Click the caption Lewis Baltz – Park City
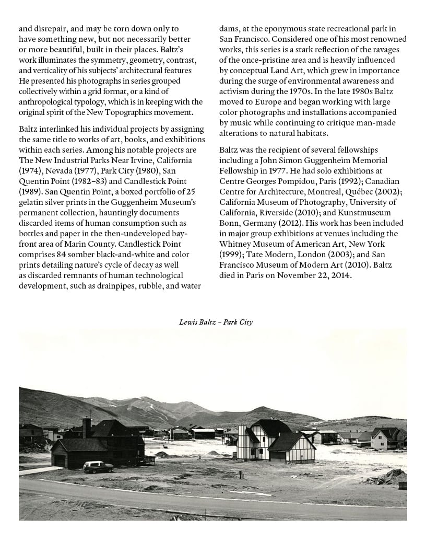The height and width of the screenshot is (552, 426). (216, 322)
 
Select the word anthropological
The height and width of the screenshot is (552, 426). (51, 101)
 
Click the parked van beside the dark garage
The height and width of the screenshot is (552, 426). (98, 466)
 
